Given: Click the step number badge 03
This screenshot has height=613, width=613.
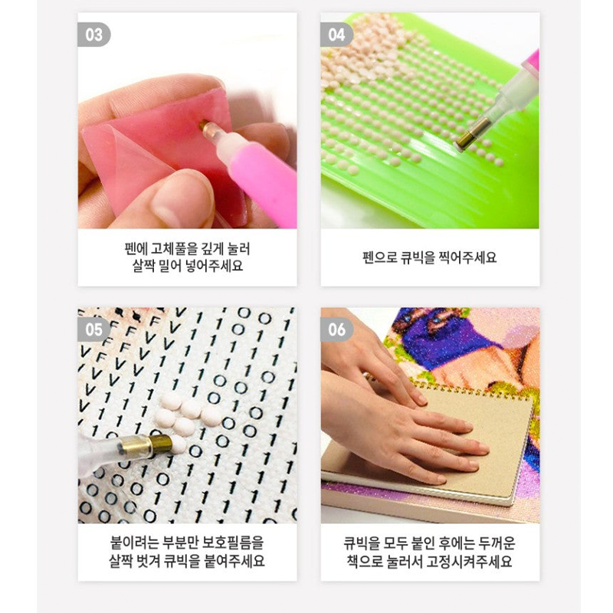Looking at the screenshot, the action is coord(93,34).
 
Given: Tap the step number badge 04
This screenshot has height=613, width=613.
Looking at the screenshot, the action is coord(336,34).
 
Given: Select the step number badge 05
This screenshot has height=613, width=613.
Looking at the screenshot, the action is coord(93,329).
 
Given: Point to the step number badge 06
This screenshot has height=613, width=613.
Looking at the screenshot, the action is coord(336,329).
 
